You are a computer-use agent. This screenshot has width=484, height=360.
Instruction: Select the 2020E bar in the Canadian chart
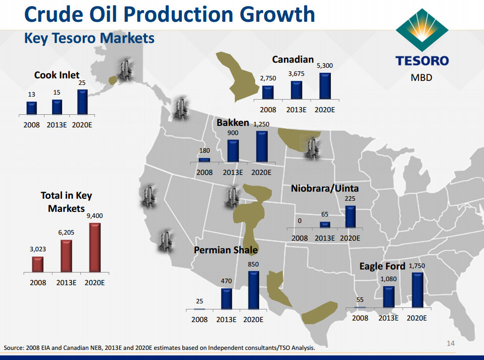point(325,86)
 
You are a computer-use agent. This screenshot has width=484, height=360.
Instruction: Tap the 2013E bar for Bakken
point(233,151)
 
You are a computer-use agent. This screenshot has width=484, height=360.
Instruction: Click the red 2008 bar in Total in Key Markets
point(38,264)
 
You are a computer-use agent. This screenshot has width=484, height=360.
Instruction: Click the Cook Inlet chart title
point(57,75)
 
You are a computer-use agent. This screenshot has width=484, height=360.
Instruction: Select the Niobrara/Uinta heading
point(332,189)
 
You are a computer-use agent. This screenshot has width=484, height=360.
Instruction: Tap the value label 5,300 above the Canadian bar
point(325,66)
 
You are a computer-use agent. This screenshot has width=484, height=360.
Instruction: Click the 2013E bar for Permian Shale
point(226,298)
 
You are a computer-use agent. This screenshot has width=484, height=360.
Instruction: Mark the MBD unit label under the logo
point(421,78)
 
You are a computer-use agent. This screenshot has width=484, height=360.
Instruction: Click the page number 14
point(451,344)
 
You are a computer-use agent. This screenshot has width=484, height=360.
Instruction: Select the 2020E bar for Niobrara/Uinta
point(350,216)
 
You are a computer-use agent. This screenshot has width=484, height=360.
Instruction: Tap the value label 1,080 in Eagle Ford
point(388,279)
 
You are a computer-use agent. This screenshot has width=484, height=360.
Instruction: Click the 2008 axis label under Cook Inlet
point(31,125)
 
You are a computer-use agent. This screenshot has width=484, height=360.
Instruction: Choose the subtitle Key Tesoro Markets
point(89,38)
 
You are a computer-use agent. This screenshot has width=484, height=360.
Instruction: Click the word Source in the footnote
point(14,348)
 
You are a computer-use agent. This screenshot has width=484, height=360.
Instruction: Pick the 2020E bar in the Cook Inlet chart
point(82,102)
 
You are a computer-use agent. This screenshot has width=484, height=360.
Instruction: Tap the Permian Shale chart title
point(226,250)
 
